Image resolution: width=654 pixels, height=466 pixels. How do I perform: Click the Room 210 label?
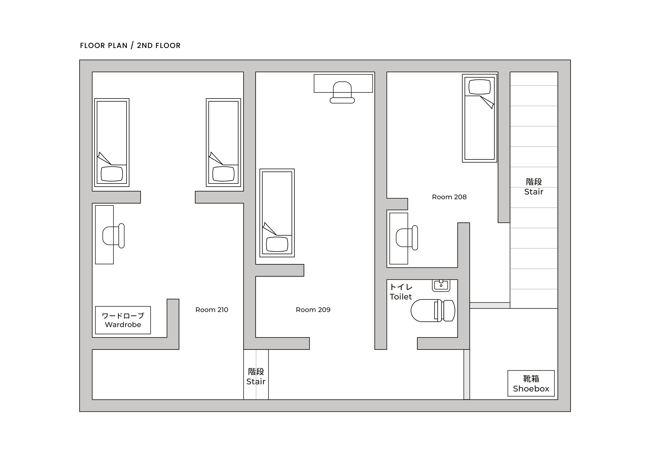coord(212,310)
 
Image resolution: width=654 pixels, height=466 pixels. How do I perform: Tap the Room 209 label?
coord(313,310)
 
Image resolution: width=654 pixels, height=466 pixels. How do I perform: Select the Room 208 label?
coord(449,197)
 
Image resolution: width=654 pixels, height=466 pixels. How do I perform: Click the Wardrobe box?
coord(123,320)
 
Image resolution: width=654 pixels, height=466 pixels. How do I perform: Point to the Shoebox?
coord(531,383)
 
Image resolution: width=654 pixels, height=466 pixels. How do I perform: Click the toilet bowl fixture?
coord(433,311)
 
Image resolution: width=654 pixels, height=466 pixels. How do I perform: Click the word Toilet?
coord(401,297)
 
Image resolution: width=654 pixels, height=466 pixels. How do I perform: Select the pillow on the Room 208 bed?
coord(479,87)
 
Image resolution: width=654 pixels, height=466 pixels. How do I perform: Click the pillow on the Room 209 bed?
coord(277,244)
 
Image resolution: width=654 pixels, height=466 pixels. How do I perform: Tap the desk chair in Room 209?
coord(342,92)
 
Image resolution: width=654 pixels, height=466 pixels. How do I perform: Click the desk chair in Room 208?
coord(407,238)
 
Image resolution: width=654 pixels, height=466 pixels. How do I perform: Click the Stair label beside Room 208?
coord(534,187)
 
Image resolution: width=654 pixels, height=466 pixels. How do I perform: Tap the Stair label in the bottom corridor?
coord(256,376)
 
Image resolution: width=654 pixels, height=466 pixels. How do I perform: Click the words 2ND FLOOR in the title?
coord(159,46)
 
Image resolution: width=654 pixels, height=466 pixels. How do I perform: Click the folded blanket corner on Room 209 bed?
coord(269,229)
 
